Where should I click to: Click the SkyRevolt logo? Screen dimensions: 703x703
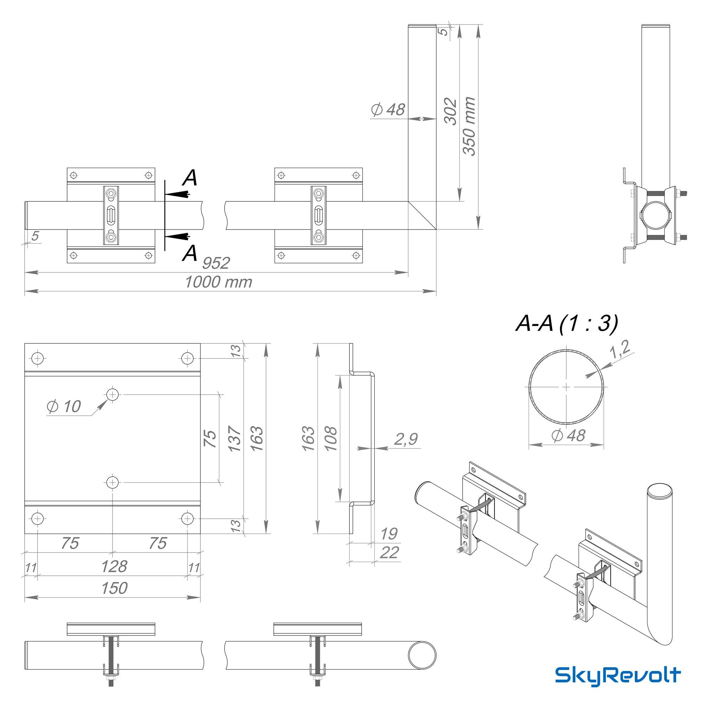(x=618, y=676)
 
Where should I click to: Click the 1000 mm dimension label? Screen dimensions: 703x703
(x=218, y=282)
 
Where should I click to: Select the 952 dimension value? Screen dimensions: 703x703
(x=216, y=263)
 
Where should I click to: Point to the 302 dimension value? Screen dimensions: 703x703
(x=451, y=111)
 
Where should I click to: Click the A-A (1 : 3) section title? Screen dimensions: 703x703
(x=567, y=323)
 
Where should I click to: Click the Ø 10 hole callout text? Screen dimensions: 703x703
(x=64, y=406)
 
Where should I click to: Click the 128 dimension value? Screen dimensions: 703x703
(x=114, y=567)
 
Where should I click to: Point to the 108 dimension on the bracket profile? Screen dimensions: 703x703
(x=331, y=439)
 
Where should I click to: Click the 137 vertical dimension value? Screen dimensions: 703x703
(x=235, y=439)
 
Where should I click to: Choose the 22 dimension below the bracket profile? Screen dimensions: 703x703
(x=389, y=553)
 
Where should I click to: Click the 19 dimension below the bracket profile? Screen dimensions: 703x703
(x=389, y=534)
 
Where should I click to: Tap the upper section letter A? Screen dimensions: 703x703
(x=190, y=178)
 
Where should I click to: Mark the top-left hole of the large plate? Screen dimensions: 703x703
(x=38, y=359)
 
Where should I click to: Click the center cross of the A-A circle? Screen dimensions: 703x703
(x=567, y=387)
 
